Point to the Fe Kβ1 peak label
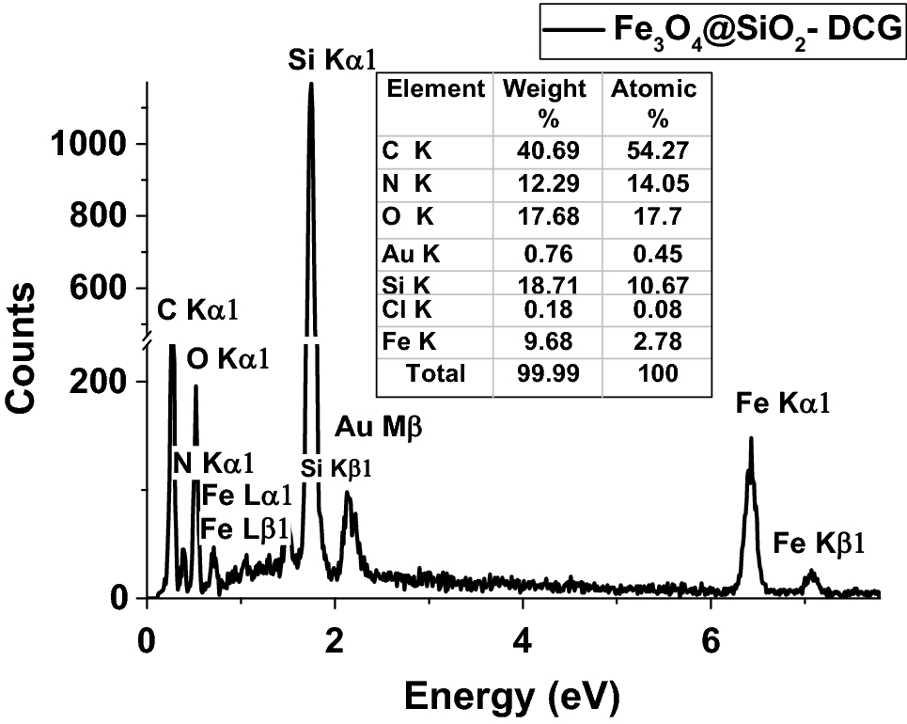tap(818, 543)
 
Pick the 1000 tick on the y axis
tap(98, 144)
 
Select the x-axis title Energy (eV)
tap(512, 695)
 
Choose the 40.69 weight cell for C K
tap(547, 150)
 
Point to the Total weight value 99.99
tap(547, 373)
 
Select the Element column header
tap(436, 90)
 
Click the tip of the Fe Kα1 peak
tap(751, 438)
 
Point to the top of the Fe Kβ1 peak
tap(812, 571)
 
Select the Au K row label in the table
tap(410, 252)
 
